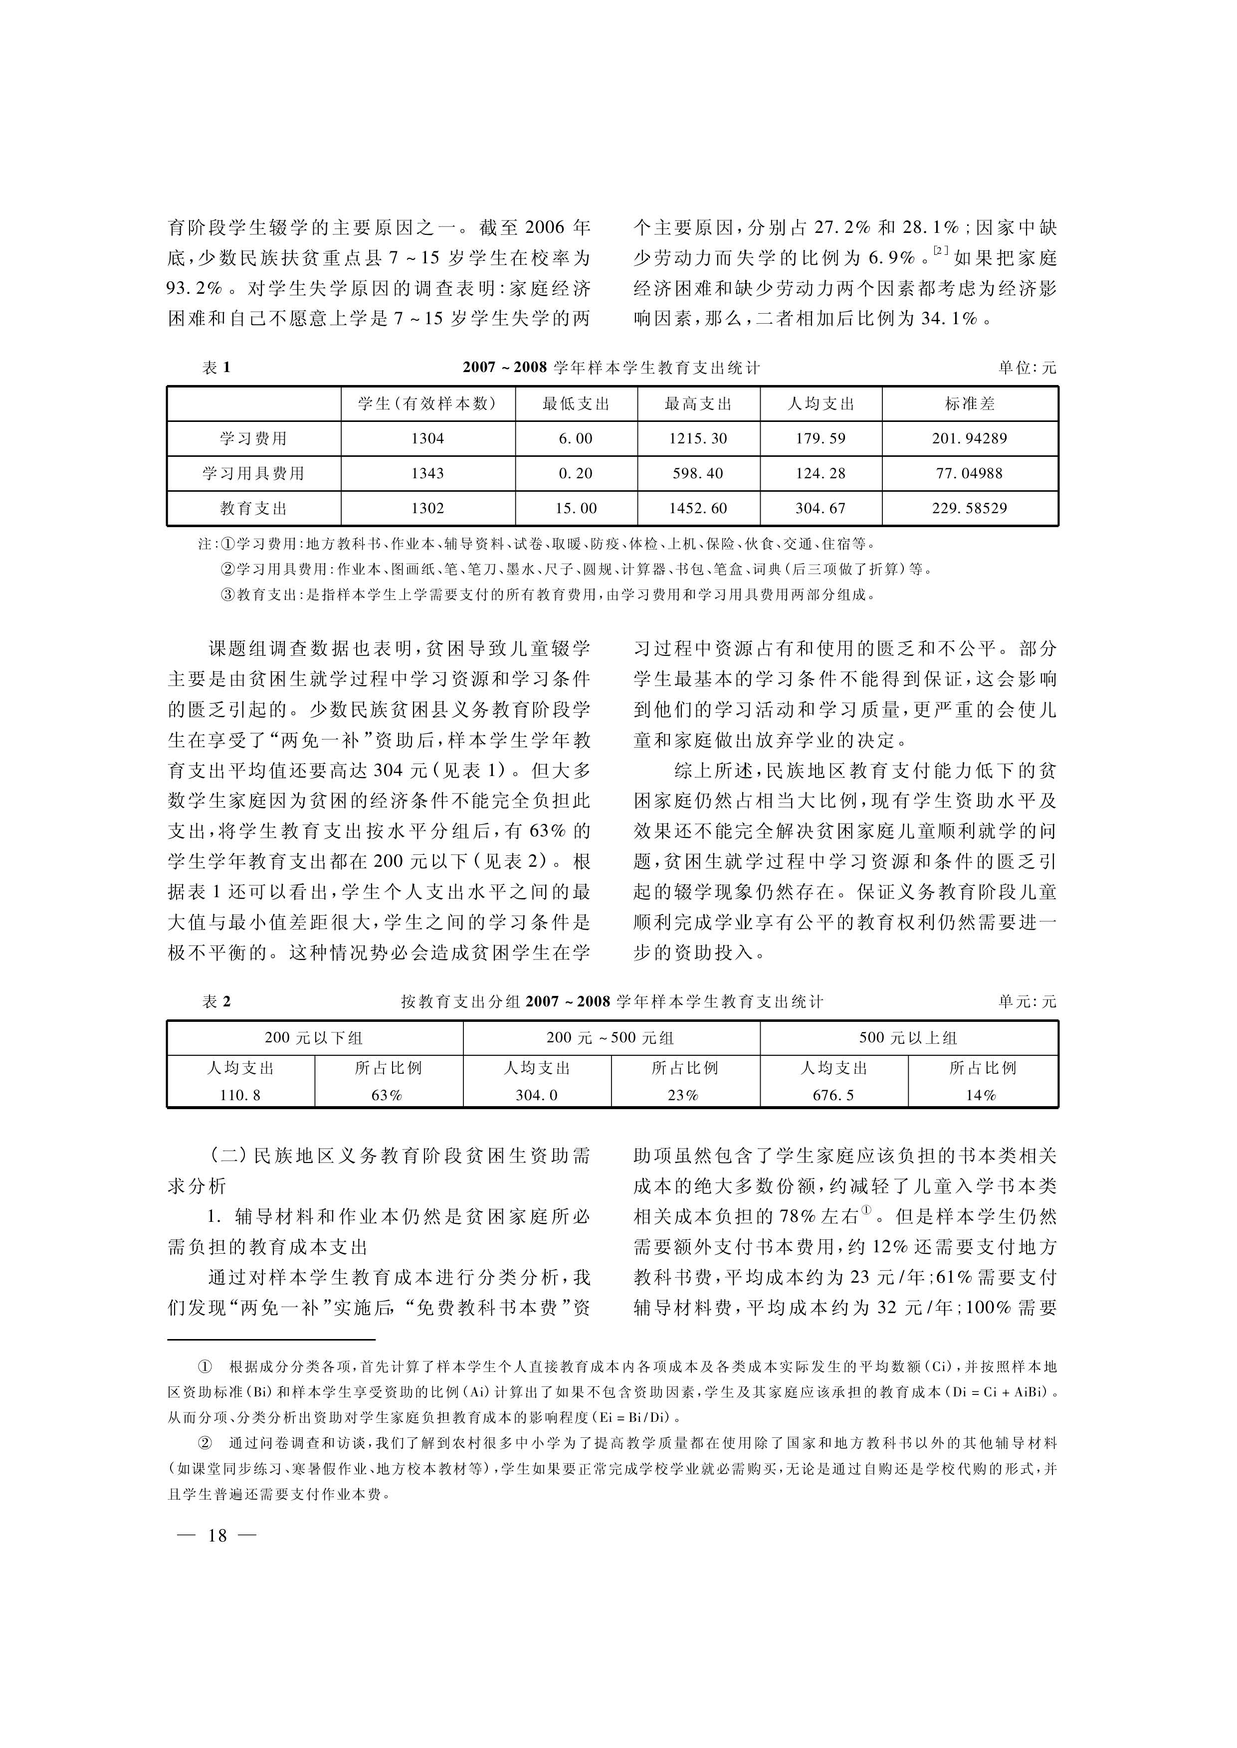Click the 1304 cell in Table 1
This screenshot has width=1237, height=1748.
click(x=427, y=439)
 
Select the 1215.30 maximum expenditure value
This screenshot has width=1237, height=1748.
click(x=698, y=439)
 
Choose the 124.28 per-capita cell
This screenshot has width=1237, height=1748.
click(x=821, y=474)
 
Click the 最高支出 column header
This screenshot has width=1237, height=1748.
click(x=698, y=403)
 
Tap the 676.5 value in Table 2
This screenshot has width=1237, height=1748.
click(x=833, y=1095)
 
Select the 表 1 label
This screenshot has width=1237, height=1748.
click(x=216, y=368)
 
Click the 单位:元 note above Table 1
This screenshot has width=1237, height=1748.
click(x=1028, y=368)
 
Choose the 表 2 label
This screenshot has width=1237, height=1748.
click(x=216, y=1002)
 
